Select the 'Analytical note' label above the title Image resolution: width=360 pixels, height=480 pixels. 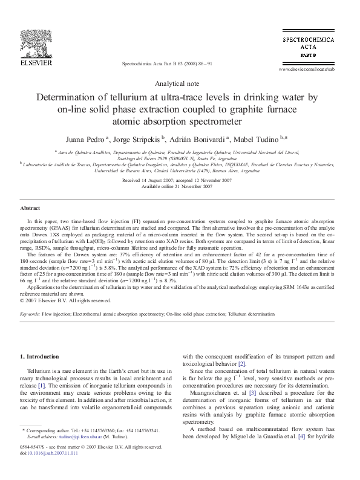pyautogui.click(x=179, y=83)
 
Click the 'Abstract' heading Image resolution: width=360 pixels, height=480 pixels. pyautogui.click(x=30, y=208)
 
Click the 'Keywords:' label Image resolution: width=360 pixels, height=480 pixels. pyautogui.click(x=30, y=315)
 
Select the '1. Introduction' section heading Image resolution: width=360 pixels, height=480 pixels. pyautogui.click(x=40, y=357)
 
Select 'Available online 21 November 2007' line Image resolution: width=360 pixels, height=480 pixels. pyautogui.click(x=177, y=187)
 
